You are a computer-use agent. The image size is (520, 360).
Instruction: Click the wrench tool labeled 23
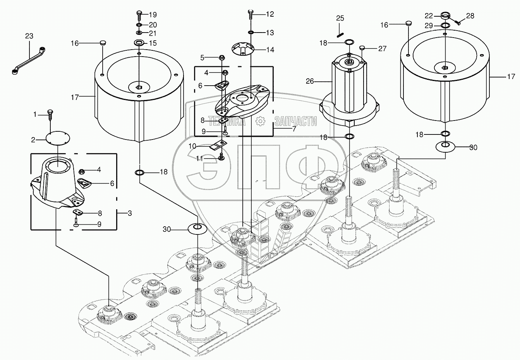click(x=28, y=61)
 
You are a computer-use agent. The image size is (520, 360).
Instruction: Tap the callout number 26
click(x=310, y=81)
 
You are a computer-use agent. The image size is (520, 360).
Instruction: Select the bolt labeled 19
click(x=139, y=15)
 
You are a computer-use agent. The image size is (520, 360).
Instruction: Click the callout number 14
click(x=270, y=50)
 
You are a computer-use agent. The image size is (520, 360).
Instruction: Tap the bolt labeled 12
click(x=251, y=15)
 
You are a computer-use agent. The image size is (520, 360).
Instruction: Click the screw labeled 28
click(x=457, y=23)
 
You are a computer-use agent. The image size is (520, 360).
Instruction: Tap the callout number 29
click(x=429, y=26)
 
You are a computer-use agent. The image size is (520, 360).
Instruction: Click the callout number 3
click(x=130, y=213)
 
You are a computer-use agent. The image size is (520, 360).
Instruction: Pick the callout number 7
click(x=294, y=129)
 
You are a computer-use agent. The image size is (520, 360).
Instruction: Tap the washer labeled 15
click(x=139, y=43)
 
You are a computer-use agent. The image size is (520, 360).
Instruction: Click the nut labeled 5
click(x=222, y=57)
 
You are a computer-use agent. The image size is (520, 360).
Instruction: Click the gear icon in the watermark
click(x=260, y=121)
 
